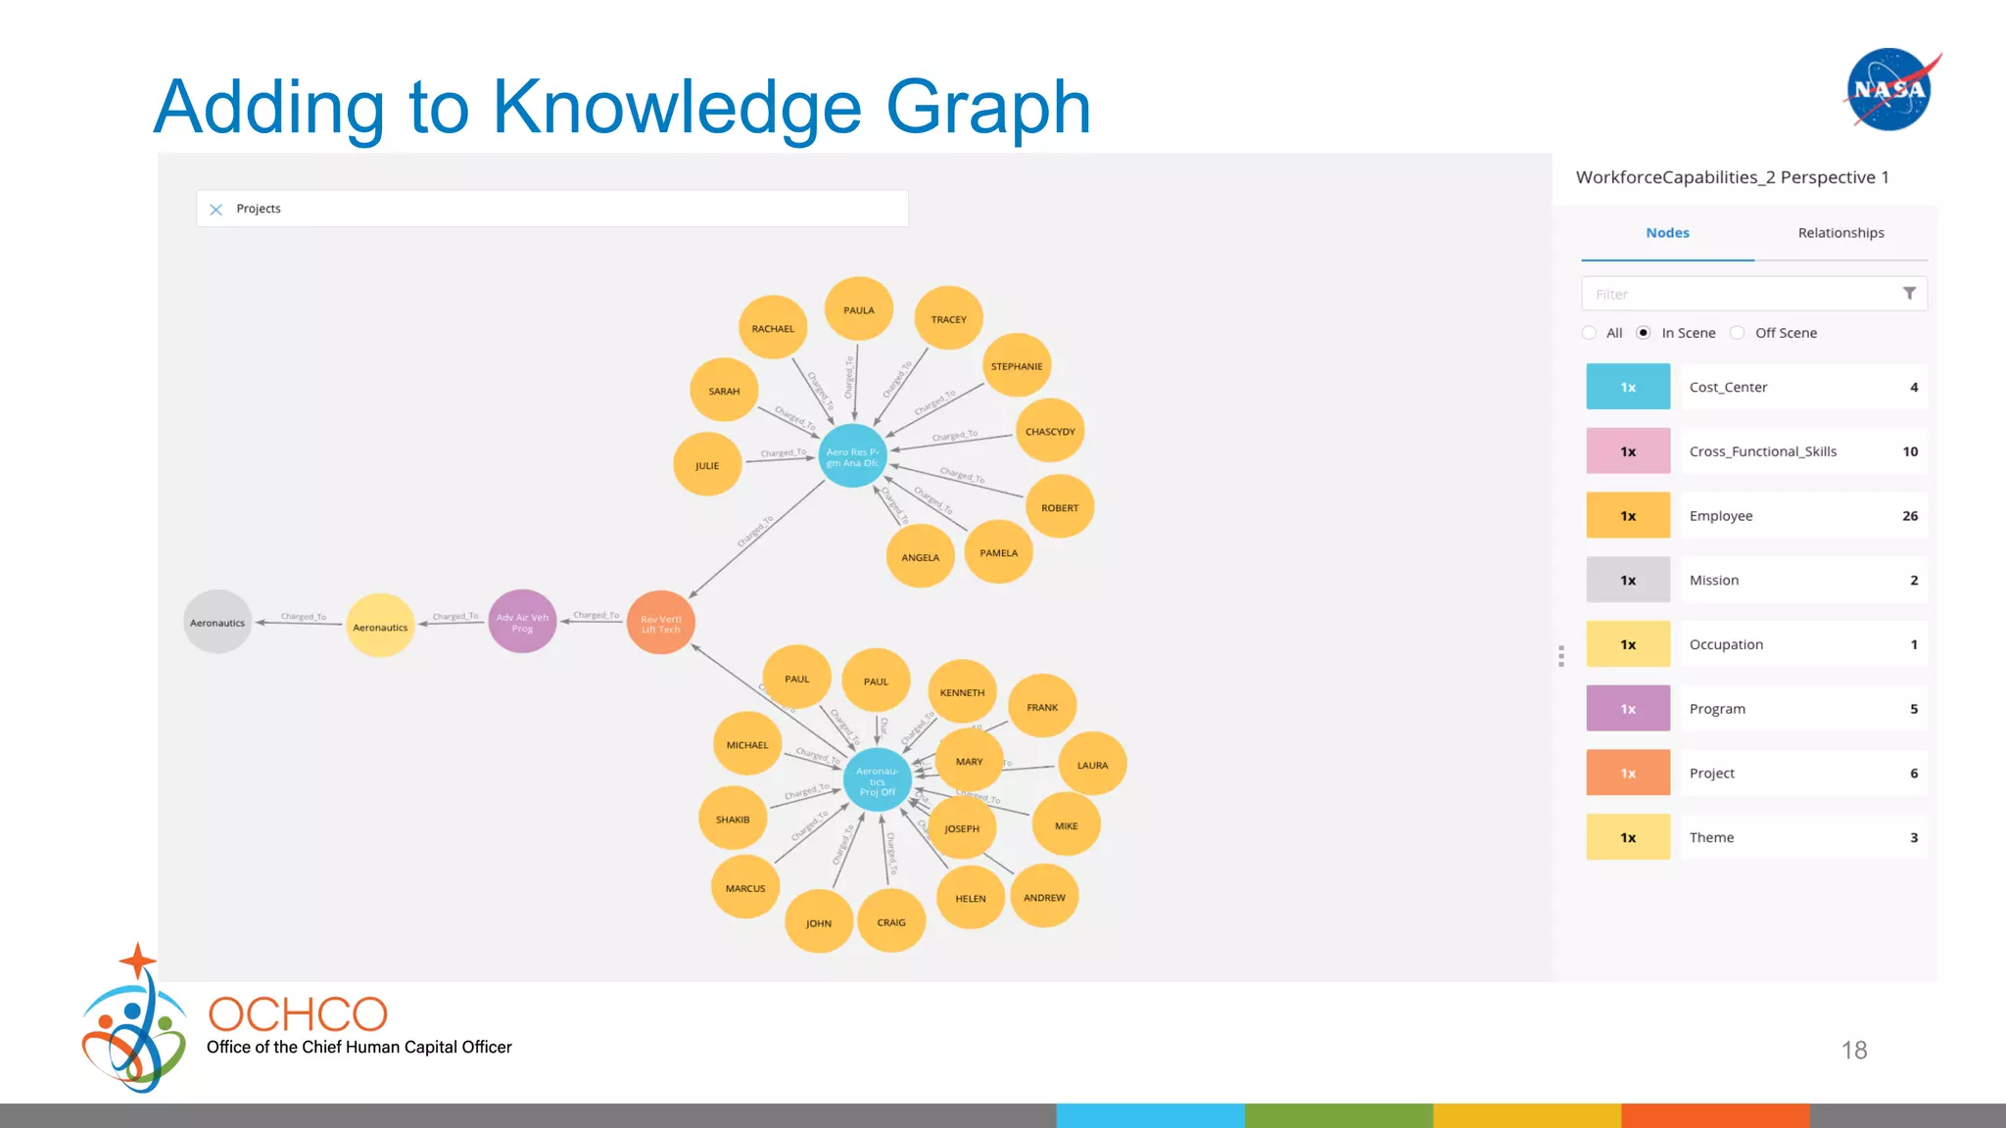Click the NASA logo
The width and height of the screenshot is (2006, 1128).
click(1890, 89)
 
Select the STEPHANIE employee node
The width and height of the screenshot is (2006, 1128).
click(1017, 366)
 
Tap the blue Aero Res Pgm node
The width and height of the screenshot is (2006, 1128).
click(852, 457)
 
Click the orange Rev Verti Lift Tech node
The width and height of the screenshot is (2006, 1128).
click(661, 624)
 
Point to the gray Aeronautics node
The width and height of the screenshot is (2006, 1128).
click(217, 623)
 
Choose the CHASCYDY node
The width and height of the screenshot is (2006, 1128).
click(1050, 432)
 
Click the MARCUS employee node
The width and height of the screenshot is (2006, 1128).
click(745, 888)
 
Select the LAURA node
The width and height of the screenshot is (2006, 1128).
click(1092, 765)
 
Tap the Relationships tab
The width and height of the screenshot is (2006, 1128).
click(1840, 233)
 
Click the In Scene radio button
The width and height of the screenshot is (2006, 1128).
click(1644, 333)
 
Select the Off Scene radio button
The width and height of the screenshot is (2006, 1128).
click(1738, 333)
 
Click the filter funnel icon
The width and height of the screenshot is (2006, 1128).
click(1909, 294)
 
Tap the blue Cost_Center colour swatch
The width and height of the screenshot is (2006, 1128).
click(1628, 387)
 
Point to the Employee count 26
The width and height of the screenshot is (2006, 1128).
click(1910, 516)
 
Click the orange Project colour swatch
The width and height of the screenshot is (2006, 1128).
click(1628, 773)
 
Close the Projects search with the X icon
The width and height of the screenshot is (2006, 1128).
click(216, 210)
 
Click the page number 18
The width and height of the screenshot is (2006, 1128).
click(1854, 1051)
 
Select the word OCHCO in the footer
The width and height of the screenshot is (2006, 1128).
click(298, 1014)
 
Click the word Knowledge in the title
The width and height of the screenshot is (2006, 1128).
click(677, 108)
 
